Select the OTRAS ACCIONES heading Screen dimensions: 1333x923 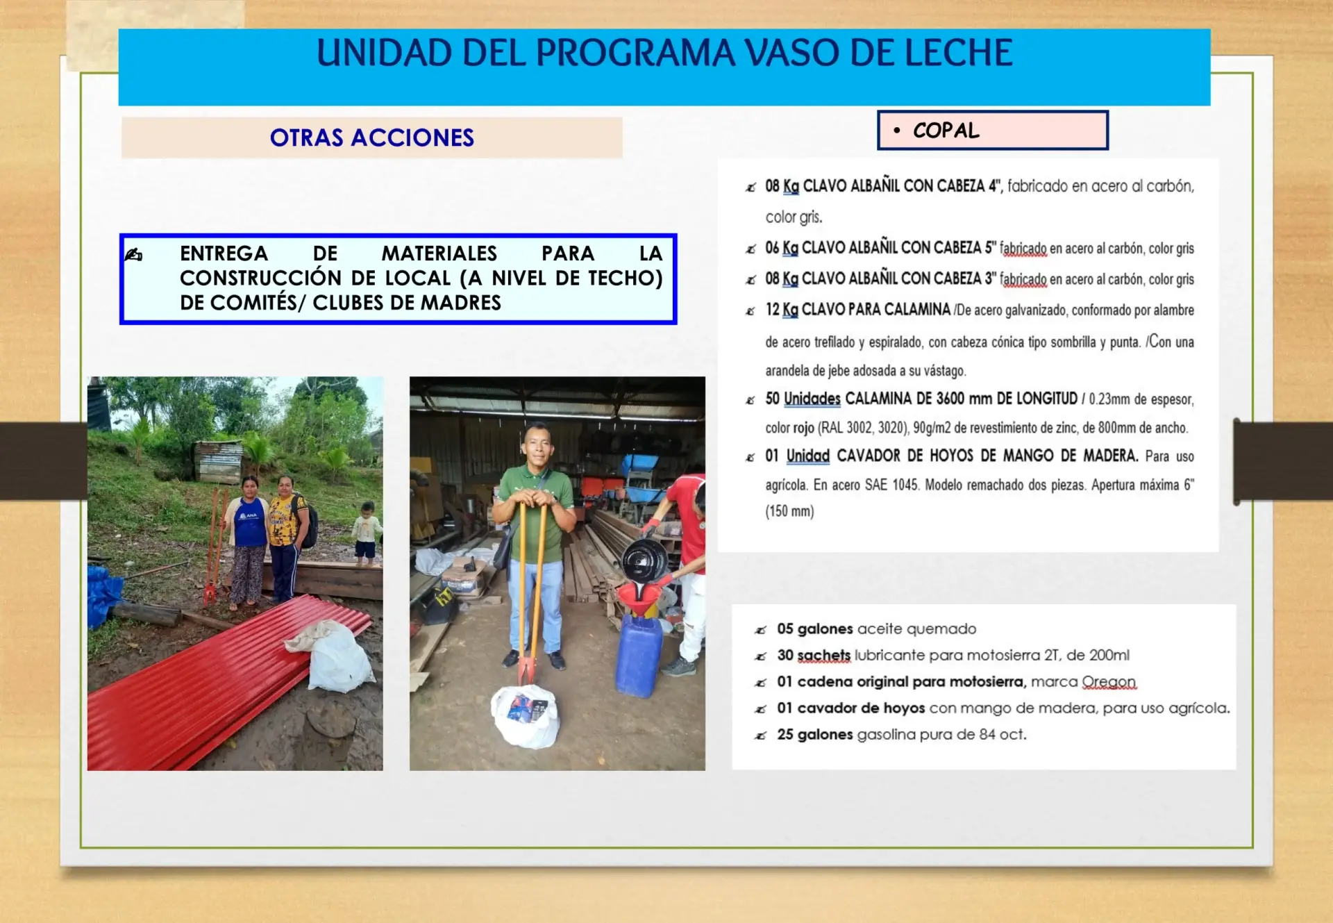click(372, 138)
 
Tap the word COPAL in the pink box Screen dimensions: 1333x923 click(946, 131)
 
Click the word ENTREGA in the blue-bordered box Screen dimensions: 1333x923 click(224, 253)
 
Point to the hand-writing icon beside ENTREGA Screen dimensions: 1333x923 click(133, 255)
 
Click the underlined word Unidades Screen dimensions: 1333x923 click(812, 399)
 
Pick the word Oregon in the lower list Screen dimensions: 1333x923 click(1109, 682)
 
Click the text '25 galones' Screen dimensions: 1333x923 click(814, 735)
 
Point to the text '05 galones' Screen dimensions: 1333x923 click(814, 629)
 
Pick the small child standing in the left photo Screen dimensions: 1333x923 click(366, 532)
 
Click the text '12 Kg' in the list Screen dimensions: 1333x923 click(782, 310)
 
